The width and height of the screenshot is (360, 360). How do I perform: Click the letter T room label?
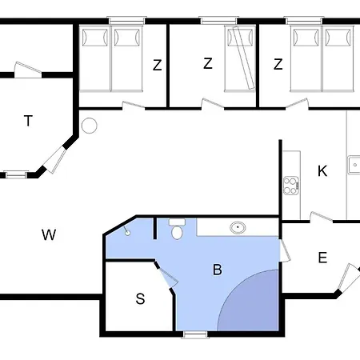pyautogui.click(x=28, y=121)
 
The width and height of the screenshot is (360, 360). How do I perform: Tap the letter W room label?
pyautogui.click(x=49, y=234)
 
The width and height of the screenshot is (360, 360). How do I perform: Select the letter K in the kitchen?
pyautogui.click(x=322, y=171)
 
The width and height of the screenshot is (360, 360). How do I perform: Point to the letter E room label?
pyautogui.click(x=322, y=258)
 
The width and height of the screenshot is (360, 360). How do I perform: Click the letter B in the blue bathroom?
pyautogui.click(x=218, y=270)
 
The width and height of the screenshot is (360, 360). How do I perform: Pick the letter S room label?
pyautogui.click(x=140, y=298)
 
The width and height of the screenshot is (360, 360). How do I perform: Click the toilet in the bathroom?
pyautogui.click(x=177, y=229)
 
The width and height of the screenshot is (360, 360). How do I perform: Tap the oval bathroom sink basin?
pyautogui.click(x=238, y=228)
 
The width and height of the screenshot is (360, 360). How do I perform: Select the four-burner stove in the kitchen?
pyautogui.click(x=291, y=186)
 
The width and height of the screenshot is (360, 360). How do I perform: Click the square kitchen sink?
pyautogui.click(x=354, y=165)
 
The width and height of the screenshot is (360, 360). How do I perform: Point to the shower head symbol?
pyautogui.click(x=127, y=231)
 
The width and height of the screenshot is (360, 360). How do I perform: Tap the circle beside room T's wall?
pyautogui.click(x=90, y=126)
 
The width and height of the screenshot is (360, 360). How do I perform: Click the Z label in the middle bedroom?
pyautogui.click(x=208, y=63)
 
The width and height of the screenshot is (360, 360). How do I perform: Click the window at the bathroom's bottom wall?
pyautogui.click(x=195, y=334)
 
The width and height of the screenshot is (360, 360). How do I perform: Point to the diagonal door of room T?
pyautogui.click(x=55, y=159)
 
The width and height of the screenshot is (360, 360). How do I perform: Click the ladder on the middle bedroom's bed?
pyautogui.click(x=243, y=58)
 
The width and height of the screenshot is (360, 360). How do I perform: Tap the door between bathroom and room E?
pyautogui.click(x=285, y=250)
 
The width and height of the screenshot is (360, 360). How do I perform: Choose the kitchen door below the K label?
pyautogui.click(x=322, y=217)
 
